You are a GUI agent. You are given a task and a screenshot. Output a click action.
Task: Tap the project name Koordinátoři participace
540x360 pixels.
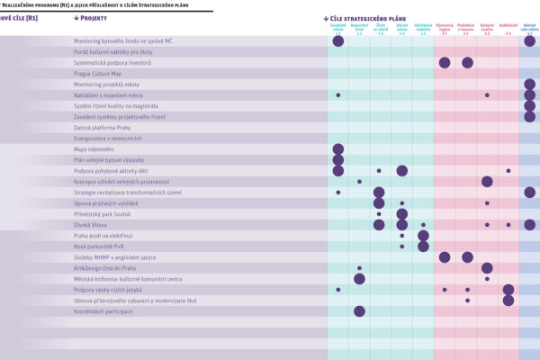point(103,311)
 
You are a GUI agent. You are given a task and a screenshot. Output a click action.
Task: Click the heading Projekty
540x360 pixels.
point(95,18)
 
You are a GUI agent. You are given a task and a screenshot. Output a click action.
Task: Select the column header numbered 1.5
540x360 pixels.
point(423,31)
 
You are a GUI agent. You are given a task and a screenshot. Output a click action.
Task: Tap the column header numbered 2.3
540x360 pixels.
point(487,31)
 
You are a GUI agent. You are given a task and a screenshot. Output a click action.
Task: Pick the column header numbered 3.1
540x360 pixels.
point(529,31)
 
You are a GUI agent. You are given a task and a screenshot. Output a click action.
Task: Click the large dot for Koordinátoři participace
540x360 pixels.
point(359,311)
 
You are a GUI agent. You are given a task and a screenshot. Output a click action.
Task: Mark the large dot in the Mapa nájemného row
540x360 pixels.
point(338,149)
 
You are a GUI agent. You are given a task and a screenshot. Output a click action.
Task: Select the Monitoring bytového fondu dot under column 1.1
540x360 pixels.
point(338,41)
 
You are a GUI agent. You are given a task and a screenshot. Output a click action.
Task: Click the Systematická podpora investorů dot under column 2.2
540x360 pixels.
point(467,63)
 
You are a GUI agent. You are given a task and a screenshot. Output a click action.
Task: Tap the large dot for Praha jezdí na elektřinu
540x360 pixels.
point(423,236)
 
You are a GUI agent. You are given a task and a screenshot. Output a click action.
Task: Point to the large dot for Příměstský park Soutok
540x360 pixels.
point(401,214)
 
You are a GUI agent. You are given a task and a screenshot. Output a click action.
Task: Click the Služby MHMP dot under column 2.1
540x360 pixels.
point(445,257)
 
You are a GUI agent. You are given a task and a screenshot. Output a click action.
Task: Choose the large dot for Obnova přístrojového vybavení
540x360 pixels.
point(508,301)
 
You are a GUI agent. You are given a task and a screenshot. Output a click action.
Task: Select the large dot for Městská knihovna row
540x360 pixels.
point(359,279)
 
